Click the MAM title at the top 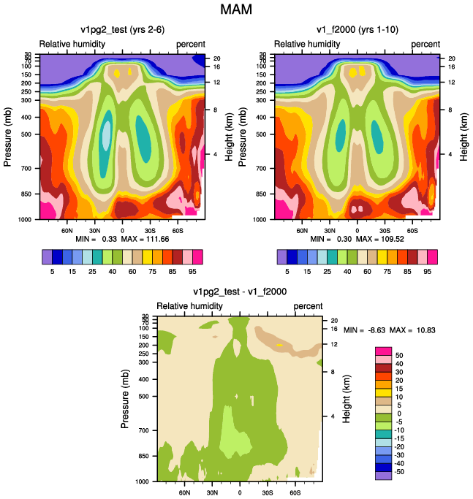pos(236,9)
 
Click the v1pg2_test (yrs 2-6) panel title pos(123,30)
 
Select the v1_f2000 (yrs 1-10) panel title pos(357,30)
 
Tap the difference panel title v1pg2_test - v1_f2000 pos(240,292)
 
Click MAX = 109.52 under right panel pos(380,239)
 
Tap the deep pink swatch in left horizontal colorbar pos(197,257)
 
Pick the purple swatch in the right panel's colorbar pos(282,257)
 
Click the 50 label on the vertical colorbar pos(399,356)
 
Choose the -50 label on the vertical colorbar pos(398,472)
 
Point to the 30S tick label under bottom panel pos(268,492)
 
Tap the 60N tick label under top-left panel pos(67,231)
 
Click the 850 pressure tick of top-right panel pos(261,194)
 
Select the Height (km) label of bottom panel pos(347,399)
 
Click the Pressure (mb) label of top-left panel pos(7,137)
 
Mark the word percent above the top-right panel pos(425,45)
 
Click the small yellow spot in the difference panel pos(279,345)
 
